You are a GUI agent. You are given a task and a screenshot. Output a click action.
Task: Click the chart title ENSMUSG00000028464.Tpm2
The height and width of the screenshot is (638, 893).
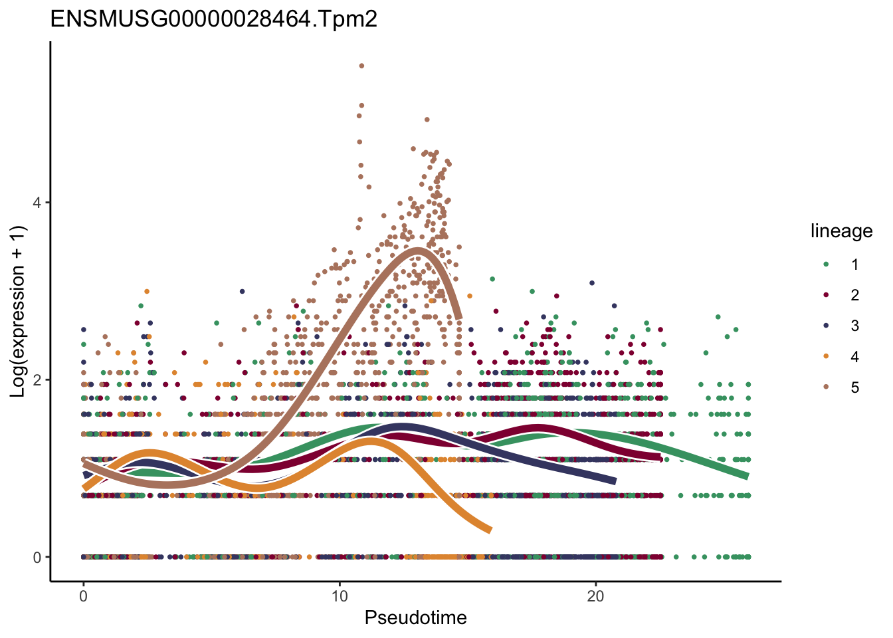pos(214,19)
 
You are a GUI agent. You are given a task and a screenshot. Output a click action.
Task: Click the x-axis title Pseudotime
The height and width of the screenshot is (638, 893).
pos(415,618)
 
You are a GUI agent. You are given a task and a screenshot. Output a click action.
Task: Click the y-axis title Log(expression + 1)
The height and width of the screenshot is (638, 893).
pos(18,312)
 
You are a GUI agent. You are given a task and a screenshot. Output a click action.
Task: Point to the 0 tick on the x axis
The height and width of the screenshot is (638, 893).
pos(83,596)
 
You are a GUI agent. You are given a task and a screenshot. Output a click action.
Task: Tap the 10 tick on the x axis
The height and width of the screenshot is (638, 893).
pos(340,596)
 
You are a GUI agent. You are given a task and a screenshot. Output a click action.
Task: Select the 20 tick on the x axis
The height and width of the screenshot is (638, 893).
pos(596,596)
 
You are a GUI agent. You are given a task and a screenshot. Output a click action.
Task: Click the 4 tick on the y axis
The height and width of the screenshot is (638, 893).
pos(37,202)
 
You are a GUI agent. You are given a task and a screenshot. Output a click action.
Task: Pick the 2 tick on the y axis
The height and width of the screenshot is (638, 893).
pos(37,380)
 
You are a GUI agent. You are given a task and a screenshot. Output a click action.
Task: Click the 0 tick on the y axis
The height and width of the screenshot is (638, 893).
pos(37,558)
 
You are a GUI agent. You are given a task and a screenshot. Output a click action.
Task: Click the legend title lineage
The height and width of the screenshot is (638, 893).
pos(841,231)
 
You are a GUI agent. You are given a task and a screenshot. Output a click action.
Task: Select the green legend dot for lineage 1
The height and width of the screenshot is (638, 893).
pos(826,264)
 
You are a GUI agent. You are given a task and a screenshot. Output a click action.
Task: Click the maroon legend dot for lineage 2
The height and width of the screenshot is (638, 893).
pos(826,295)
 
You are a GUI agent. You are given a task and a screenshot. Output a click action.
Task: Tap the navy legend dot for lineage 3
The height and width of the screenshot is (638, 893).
pos(826,326)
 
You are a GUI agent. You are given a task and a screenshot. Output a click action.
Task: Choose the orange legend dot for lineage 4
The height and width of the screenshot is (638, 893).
pos(826,357)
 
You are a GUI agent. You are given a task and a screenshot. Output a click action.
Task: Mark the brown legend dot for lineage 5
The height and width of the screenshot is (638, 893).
pos(826,387)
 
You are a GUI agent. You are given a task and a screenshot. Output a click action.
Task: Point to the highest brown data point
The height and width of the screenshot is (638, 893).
pos(361,66)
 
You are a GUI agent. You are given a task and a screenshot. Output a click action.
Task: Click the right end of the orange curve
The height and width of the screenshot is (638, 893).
pos(490,530)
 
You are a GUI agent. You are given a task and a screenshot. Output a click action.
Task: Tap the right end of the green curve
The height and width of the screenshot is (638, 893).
pos(747,476)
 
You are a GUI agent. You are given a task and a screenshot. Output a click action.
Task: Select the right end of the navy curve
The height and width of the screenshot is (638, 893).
pos(615,481)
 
